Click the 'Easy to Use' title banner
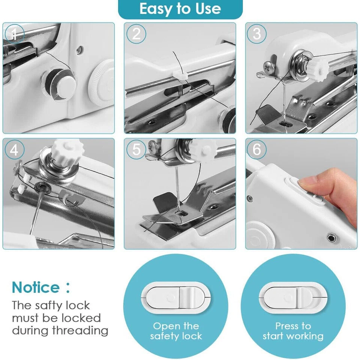[x=180, y=9]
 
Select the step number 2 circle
[x=136, y=34]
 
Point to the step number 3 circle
[x=257, y=34]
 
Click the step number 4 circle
[x=14, y=150]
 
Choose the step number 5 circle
[x=136, y=150]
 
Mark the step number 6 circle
[x=257, y=150]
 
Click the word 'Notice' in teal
[x=36, y=288]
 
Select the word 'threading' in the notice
[x=80, y=331]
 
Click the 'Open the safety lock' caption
[x=176, y=331]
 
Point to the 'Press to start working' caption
[x=293, y=331]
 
